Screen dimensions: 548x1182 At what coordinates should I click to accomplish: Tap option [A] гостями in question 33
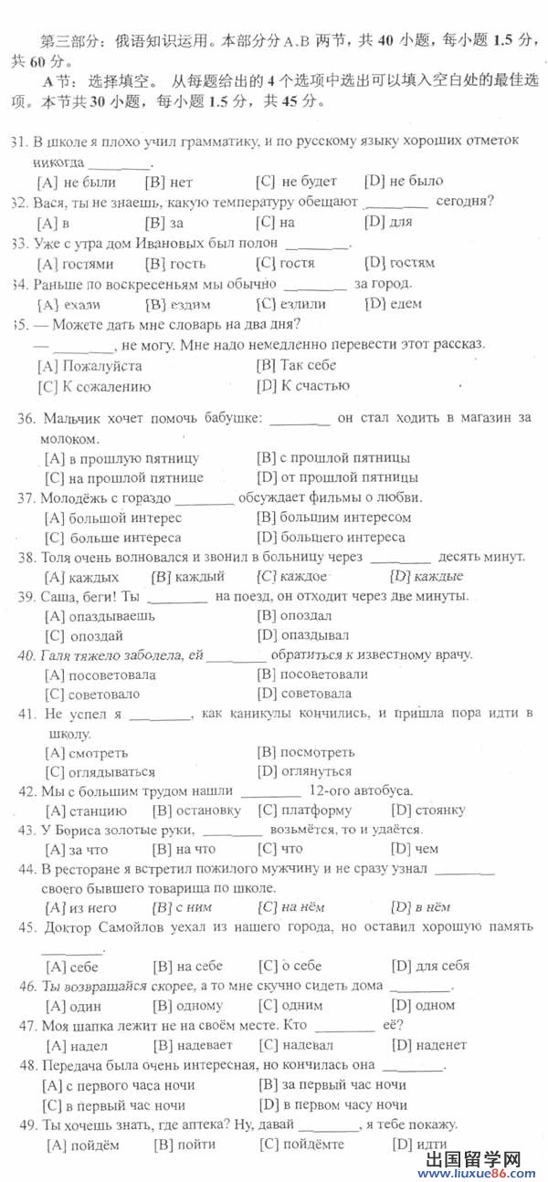[76, 264]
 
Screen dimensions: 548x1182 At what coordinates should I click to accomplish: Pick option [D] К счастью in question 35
[303, 385]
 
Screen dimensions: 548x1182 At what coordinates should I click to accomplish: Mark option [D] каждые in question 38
[427, 576]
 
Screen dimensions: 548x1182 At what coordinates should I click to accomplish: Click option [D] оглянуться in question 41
[306, 771]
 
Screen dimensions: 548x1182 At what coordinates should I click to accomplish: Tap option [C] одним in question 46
[290, 1005]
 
